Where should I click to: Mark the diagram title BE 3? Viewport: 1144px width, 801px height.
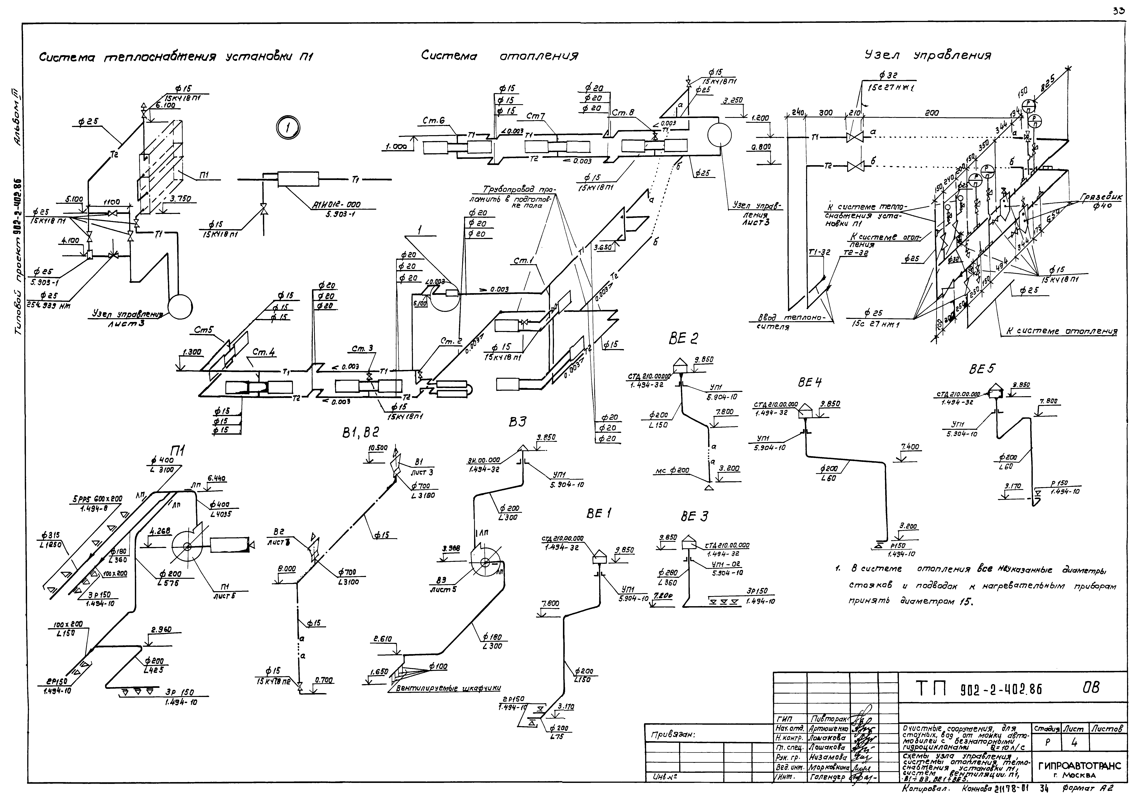(694, 517)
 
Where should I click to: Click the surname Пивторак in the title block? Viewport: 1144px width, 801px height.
(826, 719)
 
